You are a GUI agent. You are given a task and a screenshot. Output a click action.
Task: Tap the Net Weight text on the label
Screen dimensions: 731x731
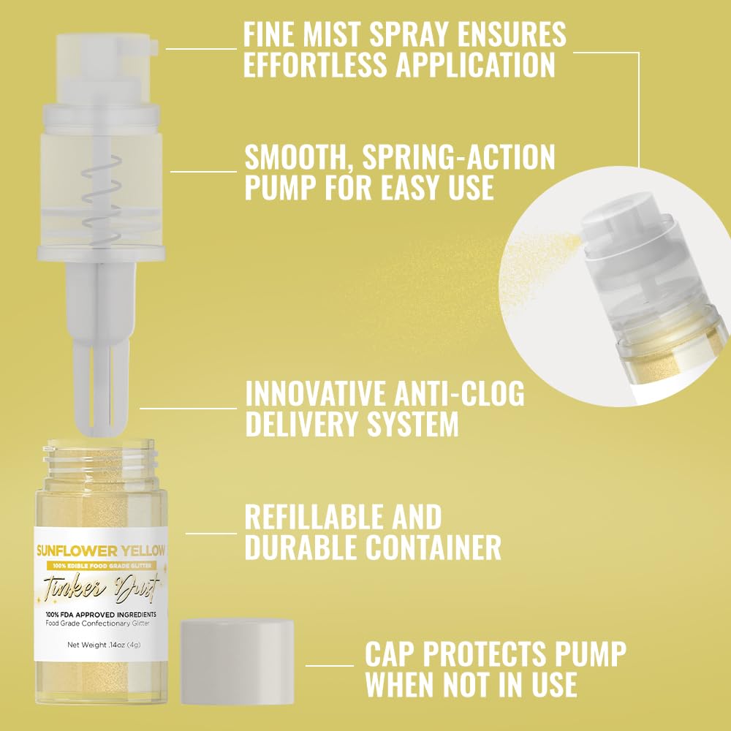pyautogui.click(x=101, y=645)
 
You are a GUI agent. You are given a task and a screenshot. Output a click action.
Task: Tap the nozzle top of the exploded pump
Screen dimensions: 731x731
pyautogui.click(x=102, y=44)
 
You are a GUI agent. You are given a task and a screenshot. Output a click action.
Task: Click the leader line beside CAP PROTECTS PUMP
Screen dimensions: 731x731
pyautogui.click(x=329, y=665)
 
